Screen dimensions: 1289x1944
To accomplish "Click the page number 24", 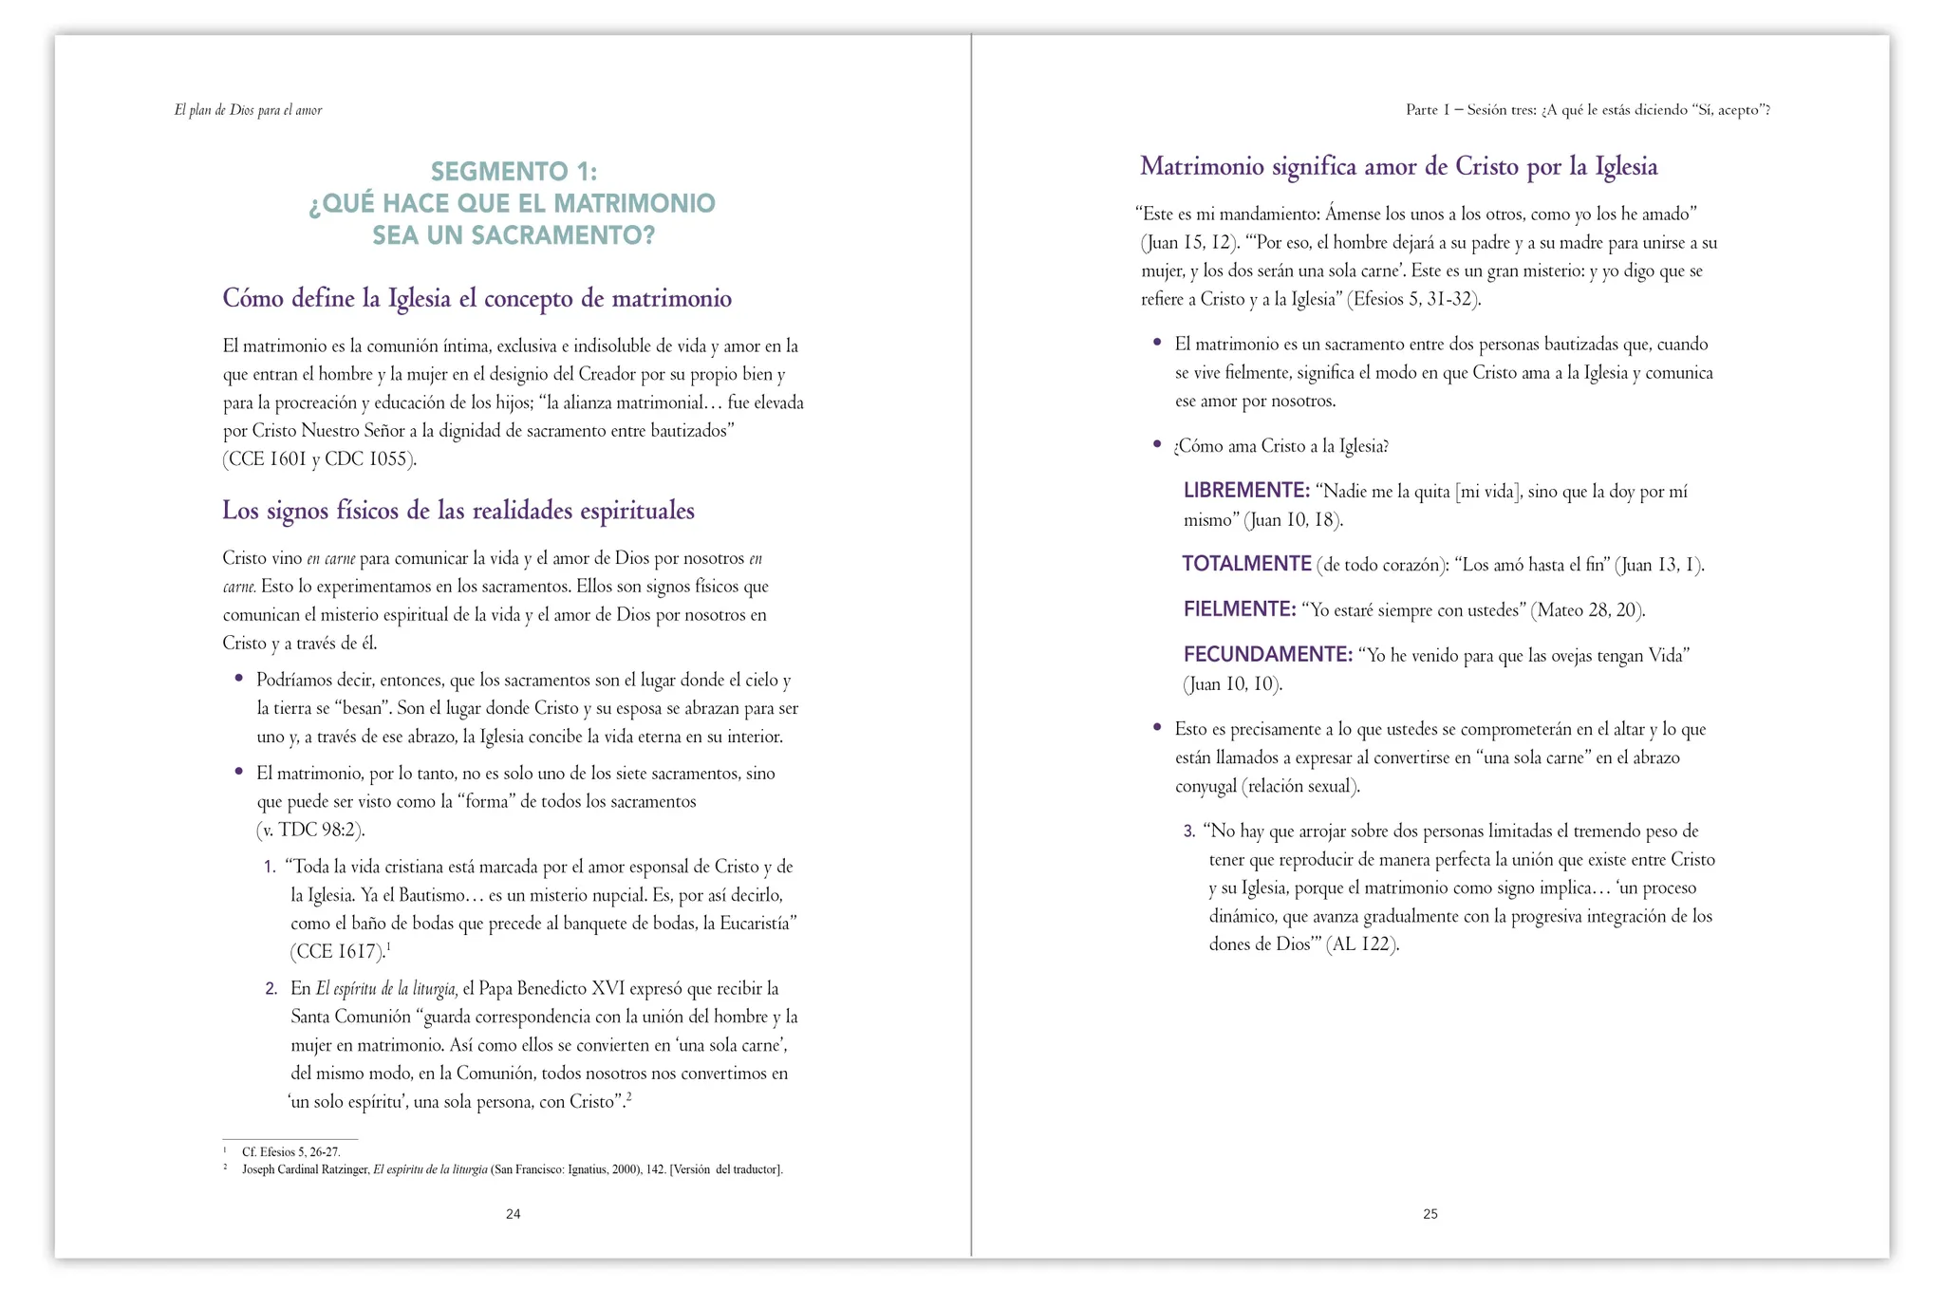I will [x=513, y=1214].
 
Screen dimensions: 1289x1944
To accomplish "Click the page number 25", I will [x=1430, y=1214].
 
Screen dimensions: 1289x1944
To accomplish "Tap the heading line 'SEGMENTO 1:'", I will [x=514, y=172].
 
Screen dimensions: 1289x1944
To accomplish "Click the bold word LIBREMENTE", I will [x=1246, y=491].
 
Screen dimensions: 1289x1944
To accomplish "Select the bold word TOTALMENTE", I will [x=1246, y=564].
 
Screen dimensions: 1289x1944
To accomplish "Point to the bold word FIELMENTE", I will [x=1239, y=609].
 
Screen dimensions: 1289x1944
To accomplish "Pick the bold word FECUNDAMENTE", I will [x=1267, y=655].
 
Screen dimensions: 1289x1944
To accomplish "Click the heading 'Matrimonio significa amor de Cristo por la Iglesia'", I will [x=1398, y=167].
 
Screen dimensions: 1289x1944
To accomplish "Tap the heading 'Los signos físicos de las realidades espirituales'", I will [x=458, y=511].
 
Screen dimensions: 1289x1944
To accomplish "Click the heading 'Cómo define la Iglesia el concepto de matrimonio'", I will [x=477, y=299].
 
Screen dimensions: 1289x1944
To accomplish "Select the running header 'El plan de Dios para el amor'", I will [x=248, y=110].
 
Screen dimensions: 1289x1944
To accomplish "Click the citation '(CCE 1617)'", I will [x=337, y=952].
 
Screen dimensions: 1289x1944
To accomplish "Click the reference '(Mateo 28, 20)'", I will [x=1587, y=610].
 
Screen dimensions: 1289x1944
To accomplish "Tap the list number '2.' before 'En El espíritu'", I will [x=271, y=989].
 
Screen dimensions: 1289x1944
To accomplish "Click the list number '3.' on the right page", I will [x=1189, y=831].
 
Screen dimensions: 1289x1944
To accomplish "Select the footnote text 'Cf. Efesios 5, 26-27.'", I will [x=290, y=1152].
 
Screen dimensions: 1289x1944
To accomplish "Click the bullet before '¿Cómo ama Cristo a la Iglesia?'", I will [x=1157, y=444].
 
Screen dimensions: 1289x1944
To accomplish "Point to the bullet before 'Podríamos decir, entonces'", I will [x=239, y=679].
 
